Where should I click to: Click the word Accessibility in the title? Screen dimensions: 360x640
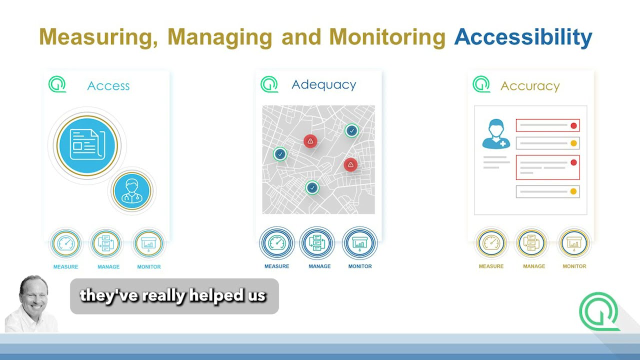[x=523, y=37]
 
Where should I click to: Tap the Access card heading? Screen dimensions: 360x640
[x=108, y=86]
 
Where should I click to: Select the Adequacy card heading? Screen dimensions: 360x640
[x=323, y=84]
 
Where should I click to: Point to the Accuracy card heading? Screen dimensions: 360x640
[x=530, y=86]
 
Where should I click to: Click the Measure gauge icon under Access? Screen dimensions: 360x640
[x=66, y=243]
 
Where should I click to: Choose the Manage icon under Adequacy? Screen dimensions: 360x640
[x=317, y=243]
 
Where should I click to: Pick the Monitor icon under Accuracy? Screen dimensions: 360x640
[x=573, y=243]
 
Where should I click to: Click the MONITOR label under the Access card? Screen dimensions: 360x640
[x=149, y=267]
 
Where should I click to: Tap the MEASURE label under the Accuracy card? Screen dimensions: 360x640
[x=491, y=266]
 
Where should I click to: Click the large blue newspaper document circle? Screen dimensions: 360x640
[x=87, y=145]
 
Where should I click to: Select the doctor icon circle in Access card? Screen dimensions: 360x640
[x=132, y=191]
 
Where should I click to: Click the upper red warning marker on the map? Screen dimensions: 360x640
[x=310, y=141]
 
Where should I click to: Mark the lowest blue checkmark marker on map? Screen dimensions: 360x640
[x=312, y=187]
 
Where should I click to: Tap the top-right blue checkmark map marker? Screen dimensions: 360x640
[x=352, y=130]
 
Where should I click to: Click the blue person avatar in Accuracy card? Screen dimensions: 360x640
[x=495, y=134]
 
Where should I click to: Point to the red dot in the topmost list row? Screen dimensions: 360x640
[x=573, y=125]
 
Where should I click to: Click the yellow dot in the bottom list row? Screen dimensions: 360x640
[x=573, y=191]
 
